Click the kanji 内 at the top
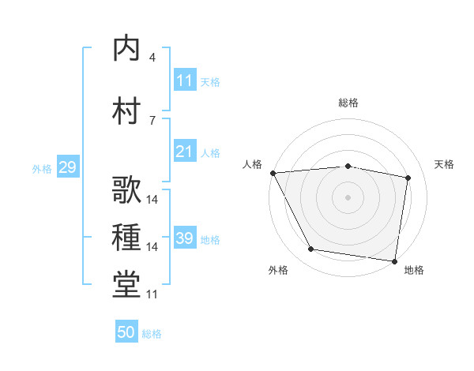click(126, 49)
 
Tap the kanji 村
click(126, 111)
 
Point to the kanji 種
click(126, 238)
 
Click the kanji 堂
click(126, 286)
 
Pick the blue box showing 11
click(185, 81)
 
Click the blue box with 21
click(185, 152)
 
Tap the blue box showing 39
click(185, 238)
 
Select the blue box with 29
click(67, 167)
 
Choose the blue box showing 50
click(126, 333)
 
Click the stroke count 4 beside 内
click(152, 57)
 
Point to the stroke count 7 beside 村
click(152, 120)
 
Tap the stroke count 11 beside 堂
click(152, 294)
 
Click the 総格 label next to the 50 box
click(152, 334)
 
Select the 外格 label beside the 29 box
click(42, 168)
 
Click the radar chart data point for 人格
click(273, 173)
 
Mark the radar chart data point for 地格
click(394, 260)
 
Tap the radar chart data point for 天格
click(408, 178)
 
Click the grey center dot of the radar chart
click(348, 197)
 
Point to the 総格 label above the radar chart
click(348, 103)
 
